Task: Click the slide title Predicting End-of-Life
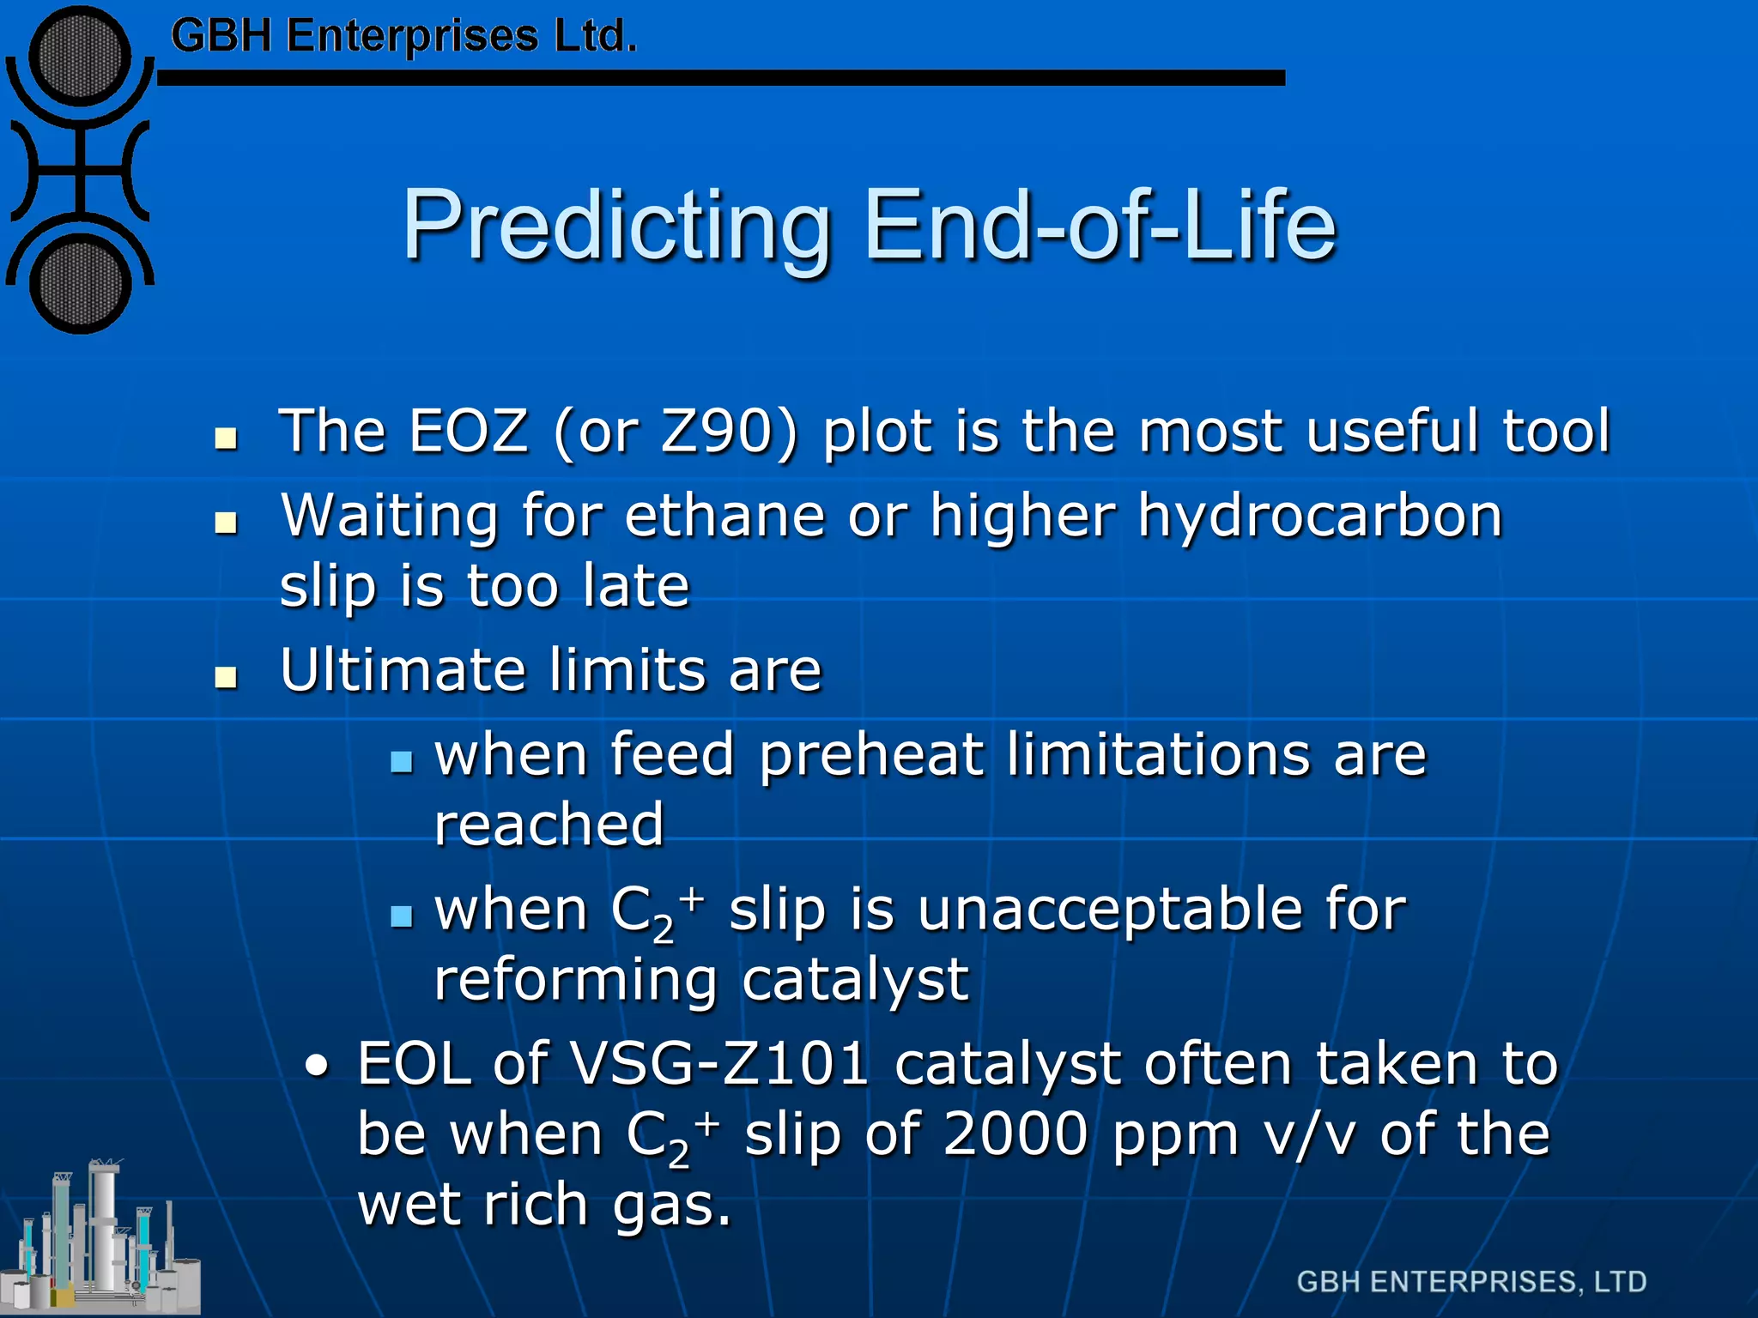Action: tap(869, 225)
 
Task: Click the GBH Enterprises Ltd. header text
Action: tap(403, 36)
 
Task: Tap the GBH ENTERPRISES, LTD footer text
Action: tap(1471, 1282)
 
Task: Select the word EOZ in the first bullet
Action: tap(468, 431)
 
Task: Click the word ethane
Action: tap(725, 517)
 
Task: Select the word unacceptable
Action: tap(1110, 910)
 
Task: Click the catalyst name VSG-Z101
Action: tap(719, 1064)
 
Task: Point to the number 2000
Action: tap(1015, 1134)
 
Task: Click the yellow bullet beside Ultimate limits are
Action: tap(227, 678)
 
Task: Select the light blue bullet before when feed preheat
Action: tap(401, 761)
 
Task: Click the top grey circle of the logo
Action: tap(80, 57)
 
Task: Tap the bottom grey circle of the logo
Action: tap(80, 286)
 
